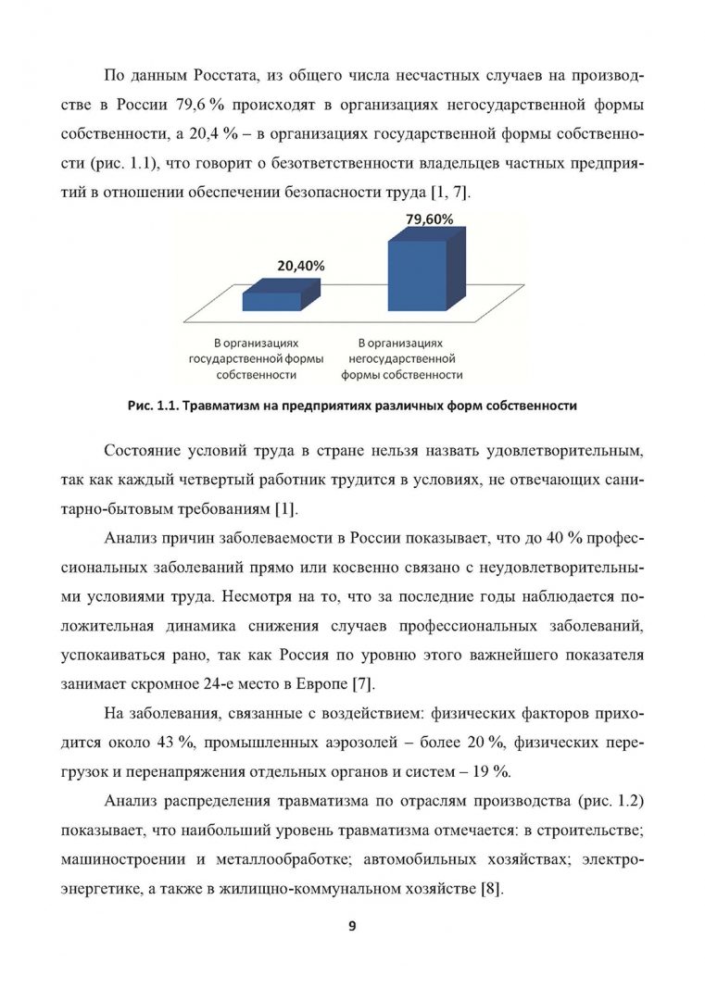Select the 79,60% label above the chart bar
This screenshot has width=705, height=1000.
(x=429, y=219)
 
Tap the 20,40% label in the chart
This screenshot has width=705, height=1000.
(x=300, y=265)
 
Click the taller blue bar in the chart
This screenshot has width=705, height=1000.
(x=418, y=273)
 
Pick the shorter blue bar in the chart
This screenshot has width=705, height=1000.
(x=273, y=300)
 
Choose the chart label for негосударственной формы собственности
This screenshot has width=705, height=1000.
(x=401, y=358)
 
